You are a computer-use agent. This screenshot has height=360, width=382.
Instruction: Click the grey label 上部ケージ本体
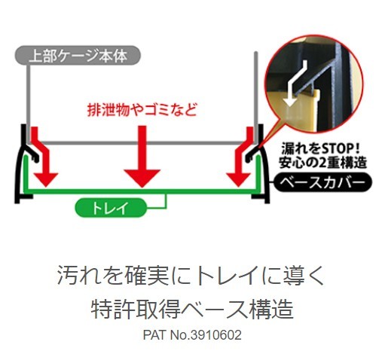[x=78, y=56]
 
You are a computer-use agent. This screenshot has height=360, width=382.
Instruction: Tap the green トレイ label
[x=111, y=208]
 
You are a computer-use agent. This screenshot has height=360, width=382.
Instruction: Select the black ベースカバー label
[x=322, y=182]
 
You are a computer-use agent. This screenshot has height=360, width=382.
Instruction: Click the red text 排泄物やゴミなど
[x=142, y=110]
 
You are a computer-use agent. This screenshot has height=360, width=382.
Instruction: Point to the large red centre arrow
[x=142, y=156]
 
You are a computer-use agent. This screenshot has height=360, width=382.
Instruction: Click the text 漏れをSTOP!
[x=320, y=148]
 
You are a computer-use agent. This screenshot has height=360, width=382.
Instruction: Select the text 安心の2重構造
[x=322, y=163]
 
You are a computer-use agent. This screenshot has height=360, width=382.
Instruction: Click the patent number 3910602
[x=216, y=335]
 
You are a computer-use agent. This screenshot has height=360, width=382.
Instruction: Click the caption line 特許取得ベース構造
[x=192, y=309]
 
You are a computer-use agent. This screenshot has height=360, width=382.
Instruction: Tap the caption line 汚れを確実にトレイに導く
[x=191, y=275]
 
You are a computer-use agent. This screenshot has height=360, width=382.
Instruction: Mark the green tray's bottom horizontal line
[x=142, y=191]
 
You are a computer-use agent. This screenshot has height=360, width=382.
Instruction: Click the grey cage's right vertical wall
[x=255, y=98]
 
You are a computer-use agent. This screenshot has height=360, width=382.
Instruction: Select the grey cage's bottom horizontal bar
[x=142, y=143]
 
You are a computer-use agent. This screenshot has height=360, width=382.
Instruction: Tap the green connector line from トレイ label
[x=165, y=201]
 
